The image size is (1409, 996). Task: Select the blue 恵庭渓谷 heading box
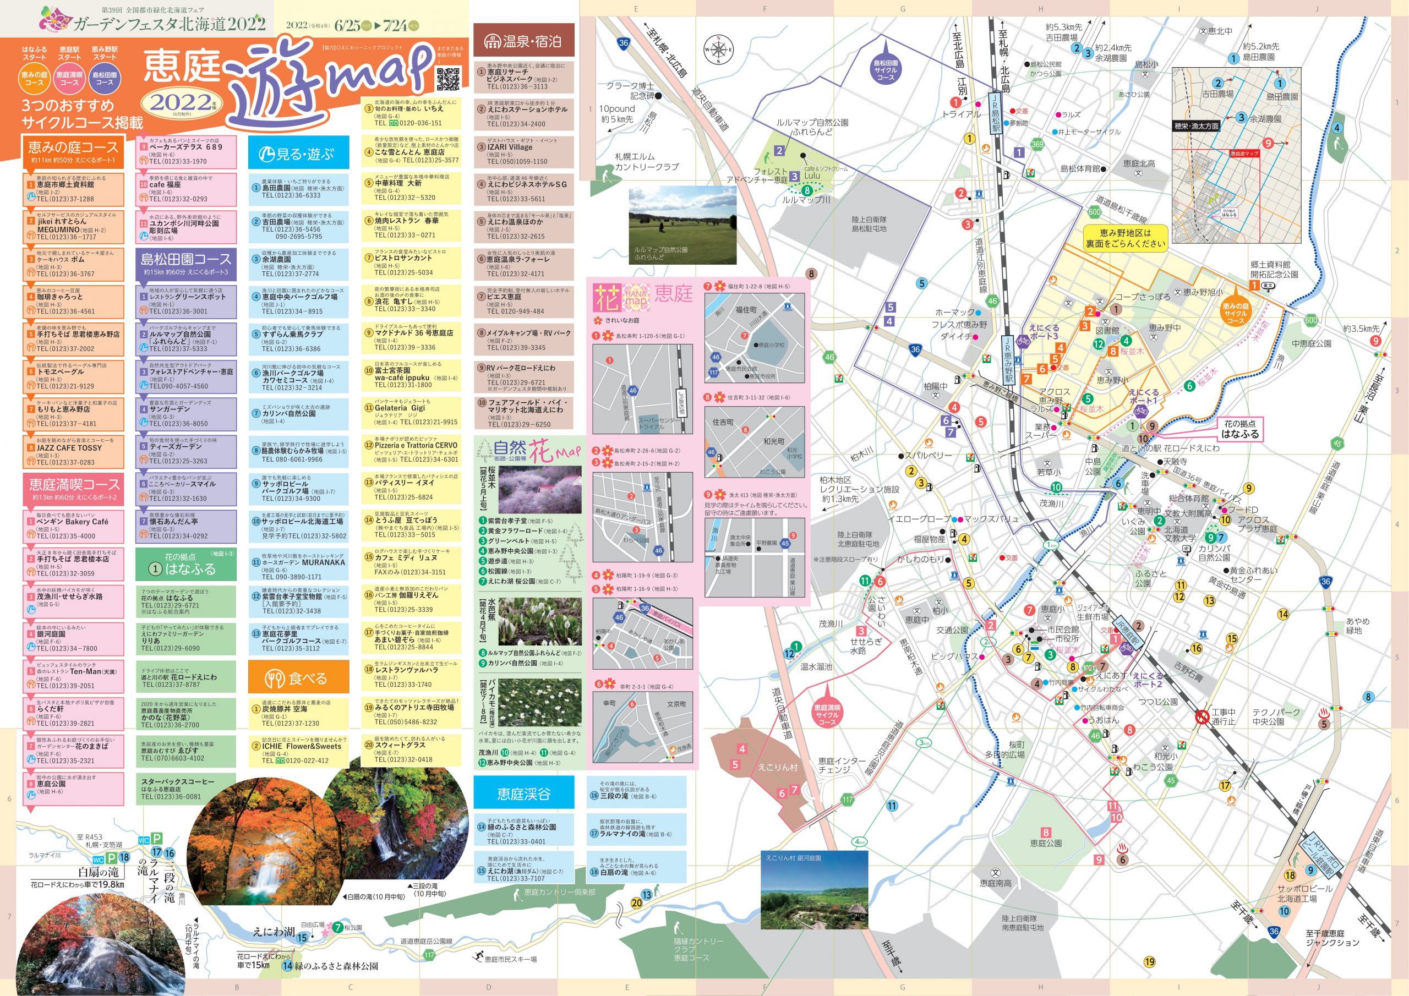point(523,793)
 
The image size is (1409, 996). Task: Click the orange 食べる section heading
point(298,678)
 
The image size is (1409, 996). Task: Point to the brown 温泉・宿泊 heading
point(523,41)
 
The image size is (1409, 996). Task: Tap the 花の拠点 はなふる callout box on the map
point(1239,429)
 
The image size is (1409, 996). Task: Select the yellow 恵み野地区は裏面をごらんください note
point(1126,238)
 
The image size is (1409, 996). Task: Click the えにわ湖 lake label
point(274,931)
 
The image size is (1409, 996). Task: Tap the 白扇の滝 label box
point(98,872)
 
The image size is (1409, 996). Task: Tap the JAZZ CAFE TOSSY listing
point(74,452)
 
